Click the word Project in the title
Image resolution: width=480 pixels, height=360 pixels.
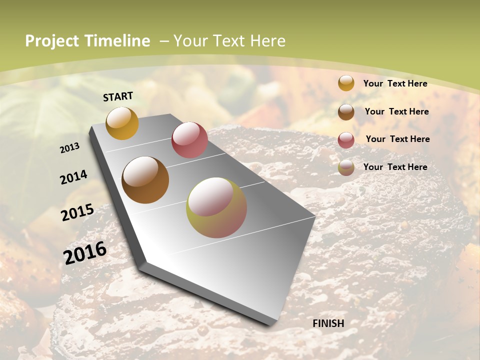pos(52,41)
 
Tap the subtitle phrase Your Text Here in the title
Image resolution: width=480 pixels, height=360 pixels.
pos(229,41)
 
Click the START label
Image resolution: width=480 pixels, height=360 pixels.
pos(118,96)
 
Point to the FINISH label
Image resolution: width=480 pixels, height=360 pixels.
pos(328,323)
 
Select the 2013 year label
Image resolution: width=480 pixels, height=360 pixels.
pos(70,148)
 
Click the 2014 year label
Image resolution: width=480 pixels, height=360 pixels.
pos(74,177)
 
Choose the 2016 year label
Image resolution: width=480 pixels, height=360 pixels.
pos(85,252)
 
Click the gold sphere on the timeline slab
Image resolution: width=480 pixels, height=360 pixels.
pos(122,123)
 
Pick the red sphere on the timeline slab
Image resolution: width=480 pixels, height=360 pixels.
pos(189,140)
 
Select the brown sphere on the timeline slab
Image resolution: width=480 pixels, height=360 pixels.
pos(145,180)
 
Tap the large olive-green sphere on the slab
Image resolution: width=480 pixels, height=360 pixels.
pos(216,207)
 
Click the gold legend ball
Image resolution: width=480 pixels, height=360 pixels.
pos(346,83)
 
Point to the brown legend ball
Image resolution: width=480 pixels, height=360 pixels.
pos(346,112)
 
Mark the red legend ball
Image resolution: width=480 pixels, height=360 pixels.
pos(346,140)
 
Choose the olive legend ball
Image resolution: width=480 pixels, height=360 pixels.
pos(346,167)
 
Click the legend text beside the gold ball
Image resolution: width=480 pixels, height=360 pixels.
pos(395,83)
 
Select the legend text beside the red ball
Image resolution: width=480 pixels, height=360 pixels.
pos(398,139)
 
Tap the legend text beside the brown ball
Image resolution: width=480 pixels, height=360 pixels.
pos(397,111)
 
